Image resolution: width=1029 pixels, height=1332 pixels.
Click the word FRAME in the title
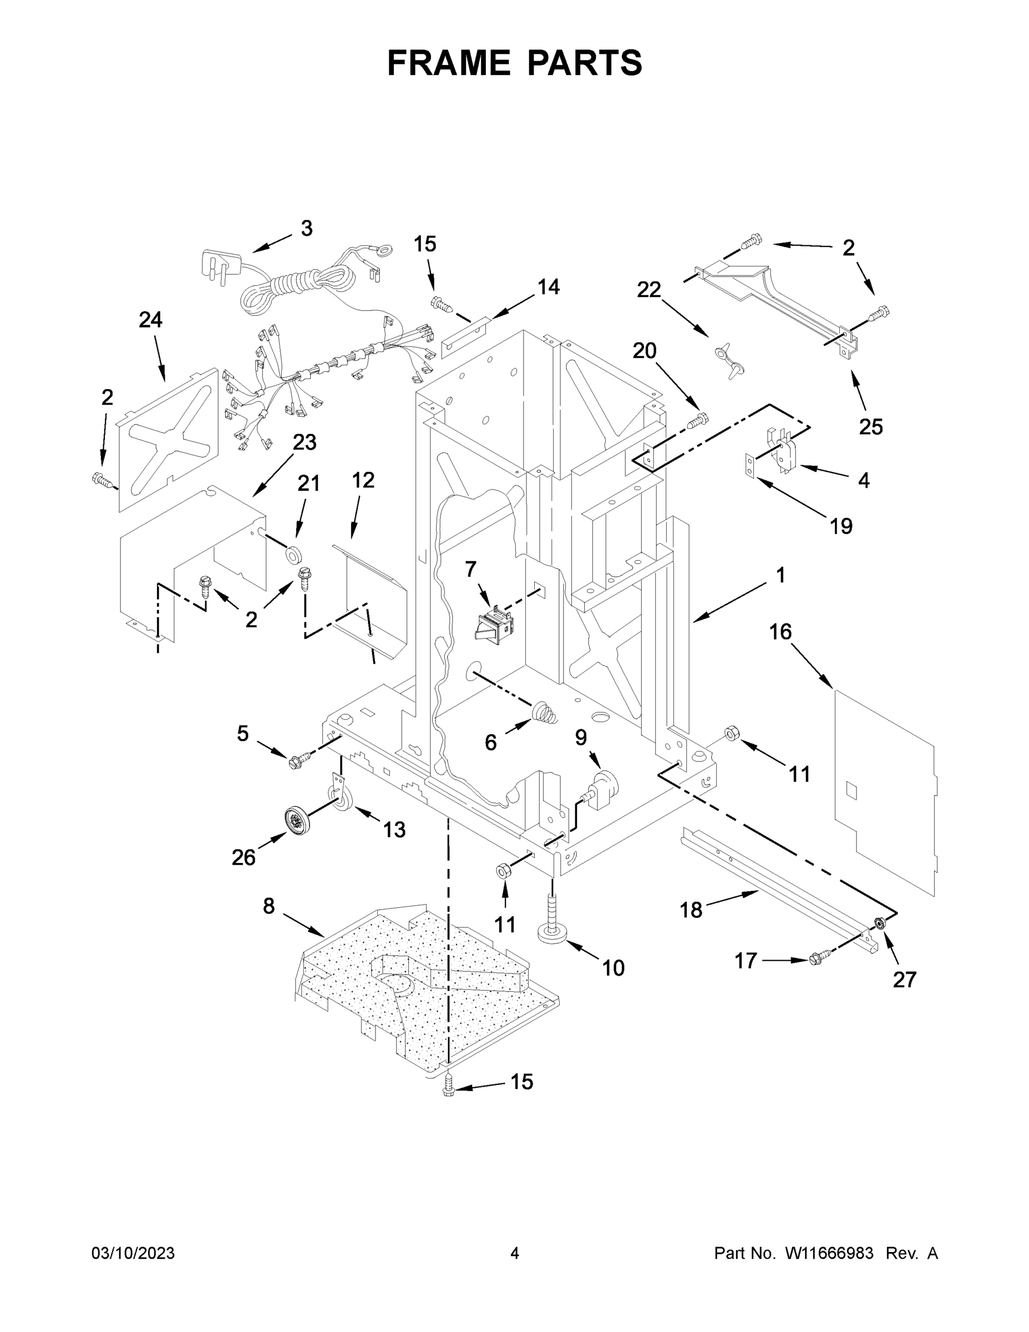(x=449, y=63)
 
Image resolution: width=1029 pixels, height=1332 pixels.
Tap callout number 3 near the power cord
(x=307, y=229)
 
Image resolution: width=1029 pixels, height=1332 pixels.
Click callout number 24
(x=150, y=320)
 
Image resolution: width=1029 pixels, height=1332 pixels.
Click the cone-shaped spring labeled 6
(x=544, y=713)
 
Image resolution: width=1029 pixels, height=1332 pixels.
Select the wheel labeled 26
(x=297, y=820)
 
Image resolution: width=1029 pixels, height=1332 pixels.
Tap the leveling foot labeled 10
(x=552, y=927)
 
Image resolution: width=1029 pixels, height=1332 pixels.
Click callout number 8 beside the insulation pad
(x=269, y=906)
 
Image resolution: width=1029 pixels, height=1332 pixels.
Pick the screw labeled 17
(x=818, y=960)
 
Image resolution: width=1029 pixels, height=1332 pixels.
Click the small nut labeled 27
(x=880, y=923)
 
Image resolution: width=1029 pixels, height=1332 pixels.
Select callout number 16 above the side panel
(x=780, y=632)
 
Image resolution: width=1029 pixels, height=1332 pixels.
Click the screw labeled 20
(x=697, y=420)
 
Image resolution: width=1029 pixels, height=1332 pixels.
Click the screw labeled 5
(x=298, y=759)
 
